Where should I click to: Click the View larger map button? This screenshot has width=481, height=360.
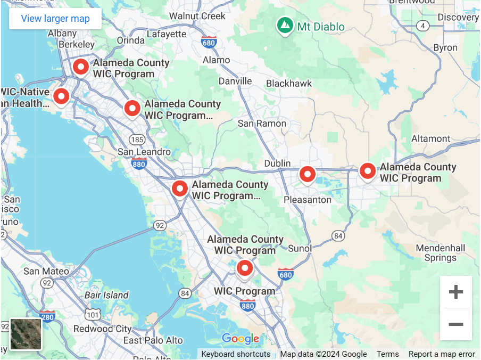55,19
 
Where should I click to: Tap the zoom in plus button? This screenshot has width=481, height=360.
455,292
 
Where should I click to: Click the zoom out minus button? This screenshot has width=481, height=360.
455,324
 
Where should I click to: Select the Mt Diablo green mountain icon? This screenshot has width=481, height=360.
285,25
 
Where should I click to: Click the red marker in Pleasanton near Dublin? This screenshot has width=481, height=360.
307,174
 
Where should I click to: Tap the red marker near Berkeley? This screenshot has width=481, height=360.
80,67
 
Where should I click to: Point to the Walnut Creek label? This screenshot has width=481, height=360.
197,16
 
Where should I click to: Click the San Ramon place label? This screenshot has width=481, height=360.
262,124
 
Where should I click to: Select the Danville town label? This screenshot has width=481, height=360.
235,81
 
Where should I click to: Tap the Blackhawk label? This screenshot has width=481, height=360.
289,84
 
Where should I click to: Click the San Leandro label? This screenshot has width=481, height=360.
144,152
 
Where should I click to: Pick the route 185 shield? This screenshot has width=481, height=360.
137,140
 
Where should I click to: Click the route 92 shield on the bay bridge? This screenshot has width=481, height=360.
160,226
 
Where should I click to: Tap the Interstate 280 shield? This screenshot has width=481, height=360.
47,316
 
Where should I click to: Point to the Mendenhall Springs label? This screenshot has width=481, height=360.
440,253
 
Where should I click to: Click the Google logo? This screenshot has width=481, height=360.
240,338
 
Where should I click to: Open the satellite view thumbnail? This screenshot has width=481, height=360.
26,334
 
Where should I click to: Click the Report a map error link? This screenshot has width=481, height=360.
442,354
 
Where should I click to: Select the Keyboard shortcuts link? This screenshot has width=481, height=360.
236,354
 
